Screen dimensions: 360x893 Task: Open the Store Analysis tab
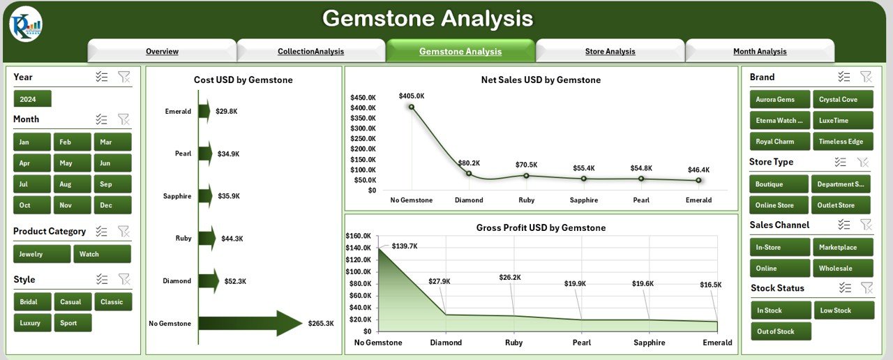point(610,51)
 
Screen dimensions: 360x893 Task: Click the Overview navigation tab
point(162,51)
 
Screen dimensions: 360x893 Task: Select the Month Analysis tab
point(760,51)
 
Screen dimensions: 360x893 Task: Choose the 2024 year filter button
point(32,99)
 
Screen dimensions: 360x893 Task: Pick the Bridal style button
point(31,302)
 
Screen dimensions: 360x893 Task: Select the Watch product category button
point(102,254)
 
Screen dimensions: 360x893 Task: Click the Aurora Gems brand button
point(779,99)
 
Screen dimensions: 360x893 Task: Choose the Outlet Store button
point(841,205)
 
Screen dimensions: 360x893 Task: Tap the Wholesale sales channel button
point(842,268)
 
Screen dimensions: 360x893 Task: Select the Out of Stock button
point(781,331)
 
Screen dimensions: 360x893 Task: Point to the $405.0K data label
point(412,96)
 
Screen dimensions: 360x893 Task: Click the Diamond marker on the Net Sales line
point(469,174)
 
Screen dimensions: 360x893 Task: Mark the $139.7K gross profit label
point(405,246)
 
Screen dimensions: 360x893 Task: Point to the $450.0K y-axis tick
point(363,98)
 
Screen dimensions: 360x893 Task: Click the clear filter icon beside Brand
point(866,77)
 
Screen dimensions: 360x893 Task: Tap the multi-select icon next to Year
point(102,77)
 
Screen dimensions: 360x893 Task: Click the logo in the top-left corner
point(26,24)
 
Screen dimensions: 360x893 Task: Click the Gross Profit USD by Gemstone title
point(541,227)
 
